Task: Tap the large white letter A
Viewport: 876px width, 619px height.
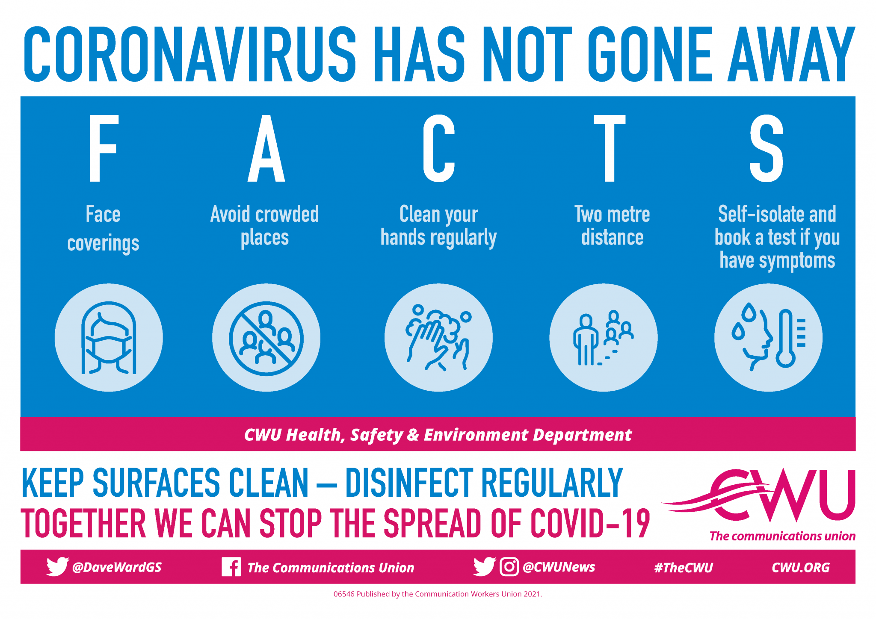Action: click(x=266, y=148)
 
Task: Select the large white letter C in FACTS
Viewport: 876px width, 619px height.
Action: click(x=438, y=148)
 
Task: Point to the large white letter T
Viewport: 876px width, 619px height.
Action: click(x=609, y=148)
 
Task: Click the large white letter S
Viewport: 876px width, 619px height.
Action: click(x=766, y=148)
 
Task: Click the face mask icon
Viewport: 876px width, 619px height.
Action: click(x=109, y=337)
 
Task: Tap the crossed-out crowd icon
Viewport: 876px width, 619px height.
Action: click(x=266, y=338)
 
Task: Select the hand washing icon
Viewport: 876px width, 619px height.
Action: click(x=438, y=337)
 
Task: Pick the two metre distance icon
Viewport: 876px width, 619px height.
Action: click(x=603, y=337)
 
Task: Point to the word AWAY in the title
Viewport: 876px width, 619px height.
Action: click(x=791, y=54)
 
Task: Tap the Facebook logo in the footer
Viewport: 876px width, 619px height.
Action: click(x=231, y=567)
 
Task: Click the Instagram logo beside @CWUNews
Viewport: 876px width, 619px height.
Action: click(x=509, y=567)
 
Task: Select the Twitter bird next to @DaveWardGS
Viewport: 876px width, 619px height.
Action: click(x=57, y=566)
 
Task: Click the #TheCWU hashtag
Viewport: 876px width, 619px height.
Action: click(x=684, y=568)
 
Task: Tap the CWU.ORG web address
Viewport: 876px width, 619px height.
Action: click(x=800, y=568)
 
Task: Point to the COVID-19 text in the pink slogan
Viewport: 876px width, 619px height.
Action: click(x=590, y=523)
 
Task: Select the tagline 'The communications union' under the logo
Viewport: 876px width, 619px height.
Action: click(x=782, y=536)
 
